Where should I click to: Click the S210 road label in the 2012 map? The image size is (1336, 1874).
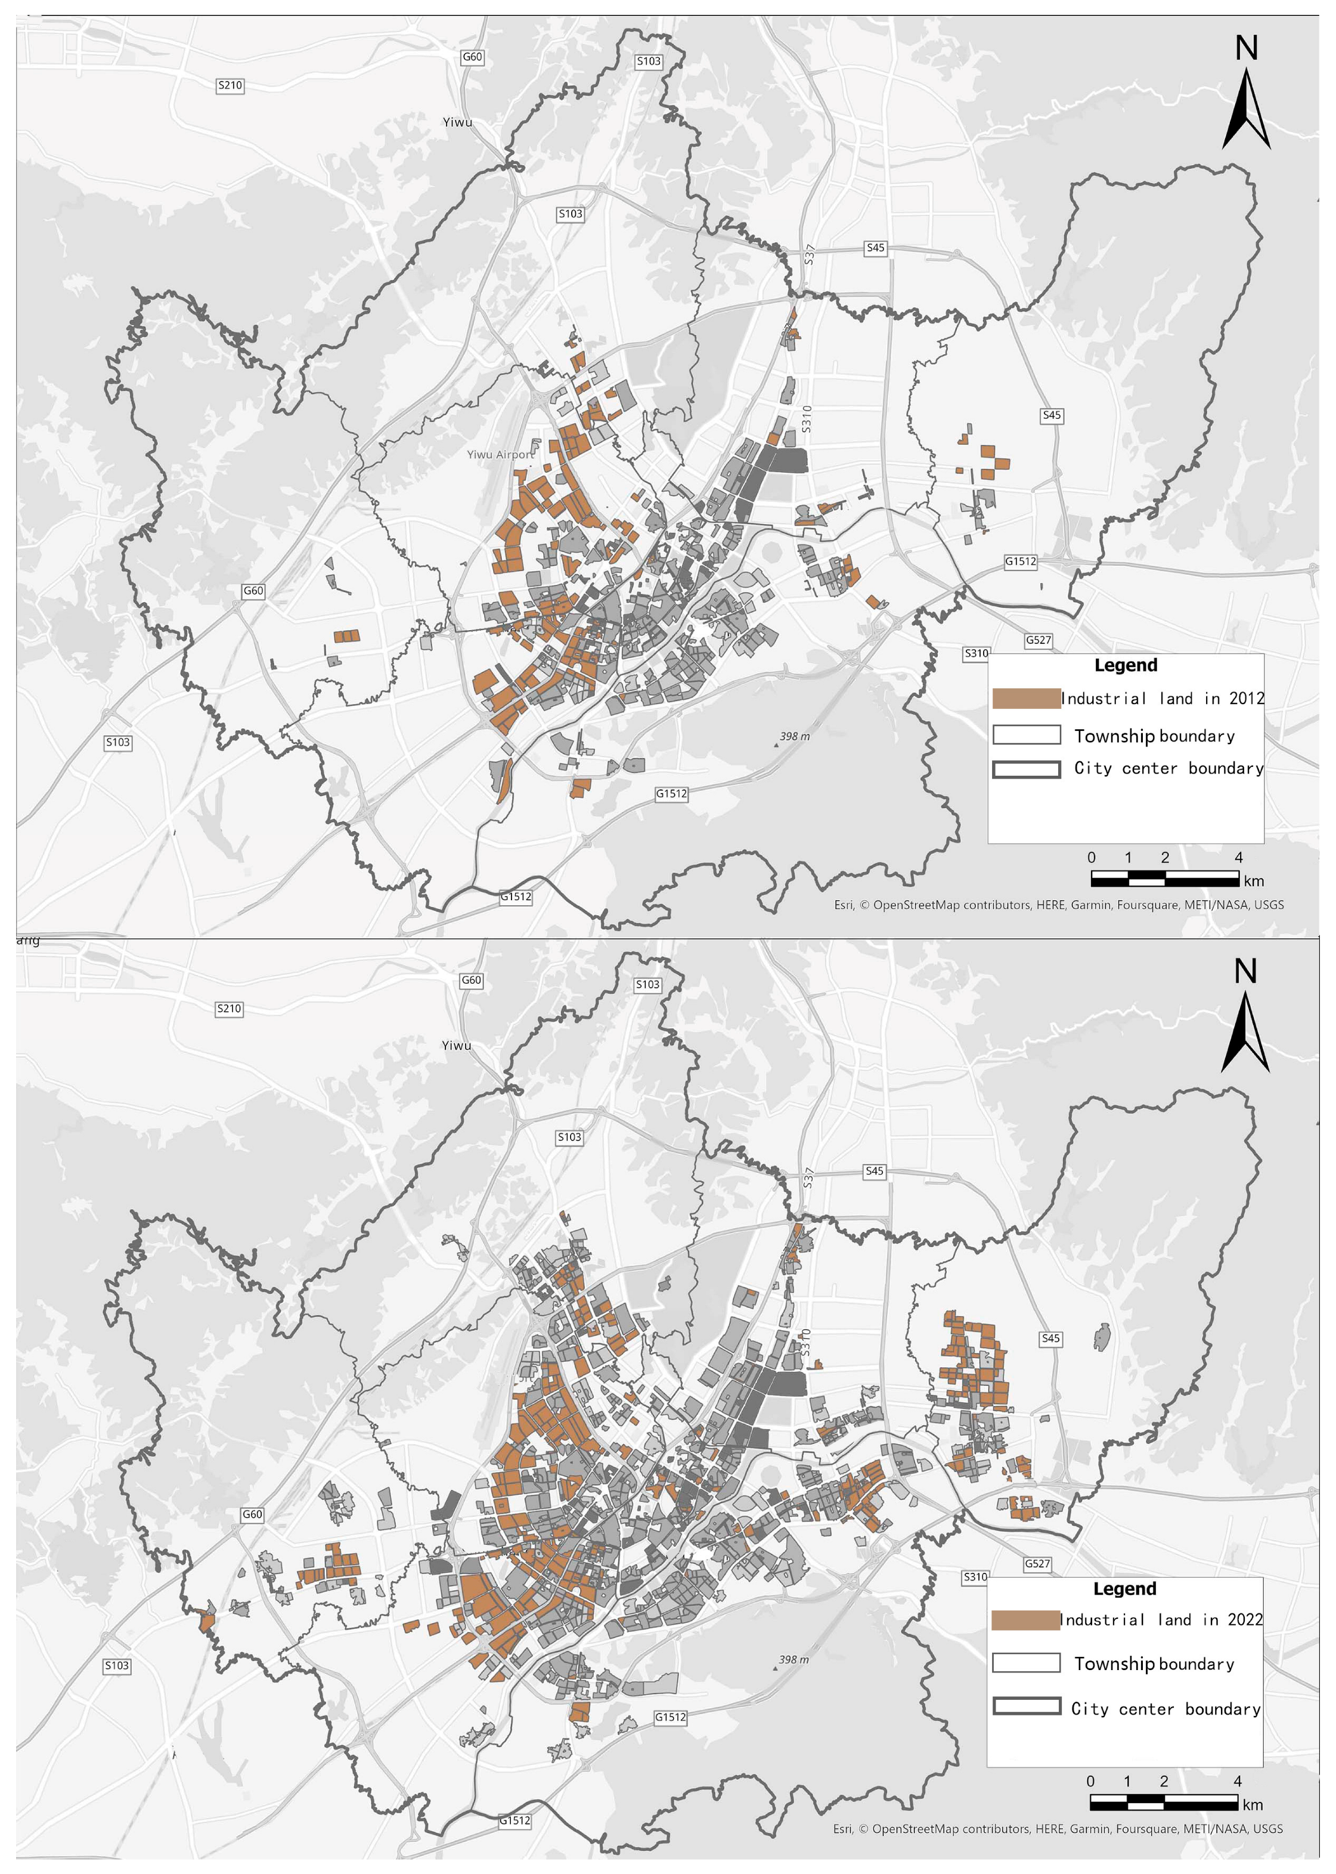tap(230, 85)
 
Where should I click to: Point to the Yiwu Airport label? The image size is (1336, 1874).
tap(500, 454)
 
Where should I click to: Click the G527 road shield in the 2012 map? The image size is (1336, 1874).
tap(1037, 640)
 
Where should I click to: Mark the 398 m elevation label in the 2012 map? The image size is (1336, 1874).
tap(795, 736)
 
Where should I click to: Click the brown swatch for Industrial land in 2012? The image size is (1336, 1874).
tap(1026, 698)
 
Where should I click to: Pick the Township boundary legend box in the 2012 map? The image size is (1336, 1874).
tap(1026, 735)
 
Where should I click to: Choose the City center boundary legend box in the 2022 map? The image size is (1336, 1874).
tap(1026, 1706)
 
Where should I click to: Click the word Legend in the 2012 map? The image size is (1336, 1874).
tap(1126, 665)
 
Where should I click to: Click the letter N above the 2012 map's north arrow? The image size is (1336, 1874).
tap(1247, 48)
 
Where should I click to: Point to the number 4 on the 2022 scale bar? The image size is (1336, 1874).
tap(1237, 1781)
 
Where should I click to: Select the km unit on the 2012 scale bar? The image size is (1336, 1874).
tap(1254, 881)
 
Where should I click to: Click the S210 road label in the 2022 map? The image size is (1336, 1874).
tap(229, 1009)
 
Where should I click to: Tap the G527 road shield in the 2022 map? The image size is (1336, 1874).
tap(1037, 1564)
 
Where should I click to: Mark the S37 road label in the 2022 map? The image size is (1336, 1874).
tap(808, 1178)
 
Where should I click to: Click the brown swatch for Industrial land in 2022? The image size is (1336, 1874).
tap(1025, 1620)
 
